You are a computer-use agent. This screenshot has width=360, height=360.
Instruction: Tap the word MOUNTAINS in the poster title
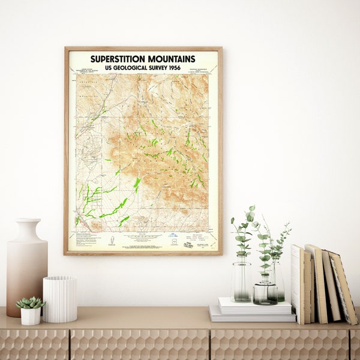(x=172, y=59)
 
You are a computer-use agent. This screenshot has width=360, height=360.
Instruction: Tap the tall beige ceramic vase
(x=26, y=270)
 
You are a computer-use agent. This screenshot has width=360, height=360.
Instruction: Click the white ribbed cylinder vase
(x=60, y=299)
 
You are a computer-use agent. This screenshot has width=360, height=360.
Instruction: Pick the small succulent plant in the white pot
(x=30, y=302)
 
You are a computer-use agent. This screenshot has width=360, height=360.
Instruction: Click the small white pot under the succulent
(x=30, y=316)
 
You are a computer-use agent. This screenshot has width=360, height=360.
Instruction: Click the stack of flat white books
(x=252, y=310)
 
